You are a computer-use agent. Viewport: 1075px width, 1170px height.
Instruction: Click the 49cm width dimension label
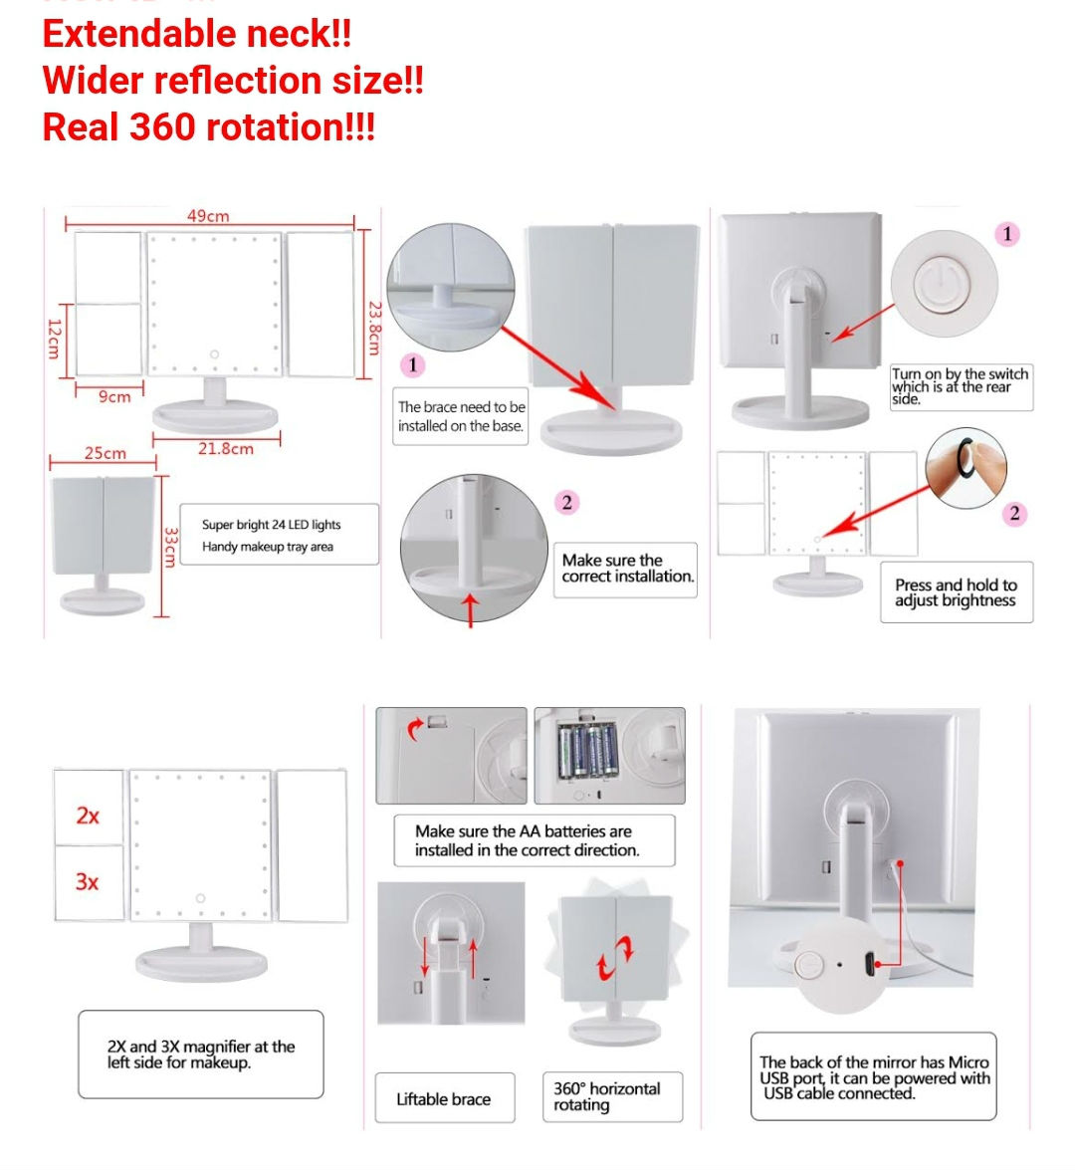click(208, 216)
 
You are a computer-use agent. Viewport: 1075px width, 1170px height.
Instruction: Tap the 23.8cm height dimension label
click(374, 329)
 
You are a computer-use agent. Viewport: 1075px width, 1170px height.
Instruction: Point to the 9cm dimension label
click(114, 397)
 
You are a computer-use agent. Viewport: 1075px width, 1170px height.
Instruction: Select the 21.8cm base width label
click(225, 448)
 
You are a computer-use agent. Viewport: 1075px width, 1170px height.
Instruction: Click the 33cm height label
click(171, 547)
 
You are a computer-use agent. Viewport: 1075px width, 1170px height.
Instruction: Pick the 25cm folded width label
click(106, 453)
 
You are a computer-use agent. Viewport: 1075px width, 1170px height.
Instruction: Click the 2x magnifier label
click(88, 816)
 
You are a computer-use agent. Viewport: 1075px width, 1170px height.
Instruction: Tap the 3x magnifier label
click(88, 882)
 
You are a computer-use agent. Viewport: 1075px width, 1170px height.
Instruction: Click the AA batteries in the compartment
click(588, 752)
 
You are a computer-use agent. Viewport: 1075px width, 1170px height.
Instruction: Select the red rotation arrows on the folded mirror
click(615, 958)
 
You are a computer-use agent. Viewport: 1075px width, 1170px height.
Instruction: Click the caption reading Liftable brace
click(444, 1099)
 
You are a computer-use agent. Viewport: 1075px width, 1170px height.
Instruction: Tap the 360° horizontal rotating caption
click(606, 1097)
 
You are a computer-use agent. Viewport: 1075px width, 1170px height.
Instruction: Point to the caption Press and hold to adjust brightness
click(956, 592)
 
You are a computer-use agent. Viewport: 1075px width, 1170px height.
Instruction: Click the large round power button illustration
click(944, 284)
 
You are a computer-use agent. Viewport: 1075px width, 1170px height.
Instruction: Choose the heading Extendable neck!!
click(197, 34)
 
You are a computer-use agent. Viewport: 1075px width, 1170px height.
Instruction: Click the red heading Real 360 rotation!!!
click(209, 126)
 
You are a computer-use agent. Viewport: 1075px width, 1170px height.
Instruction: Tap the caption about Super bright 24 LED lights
click(272, 535)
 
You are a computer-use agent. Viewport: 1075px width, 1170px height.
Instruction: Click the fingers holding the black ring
click(967, 469)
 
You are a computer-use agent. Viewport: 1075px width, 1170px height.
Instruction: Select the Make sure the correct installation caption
click(627, 568)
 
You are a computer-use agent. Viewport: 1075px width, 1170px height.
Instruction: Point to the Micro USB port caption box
click(874, 1076)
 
